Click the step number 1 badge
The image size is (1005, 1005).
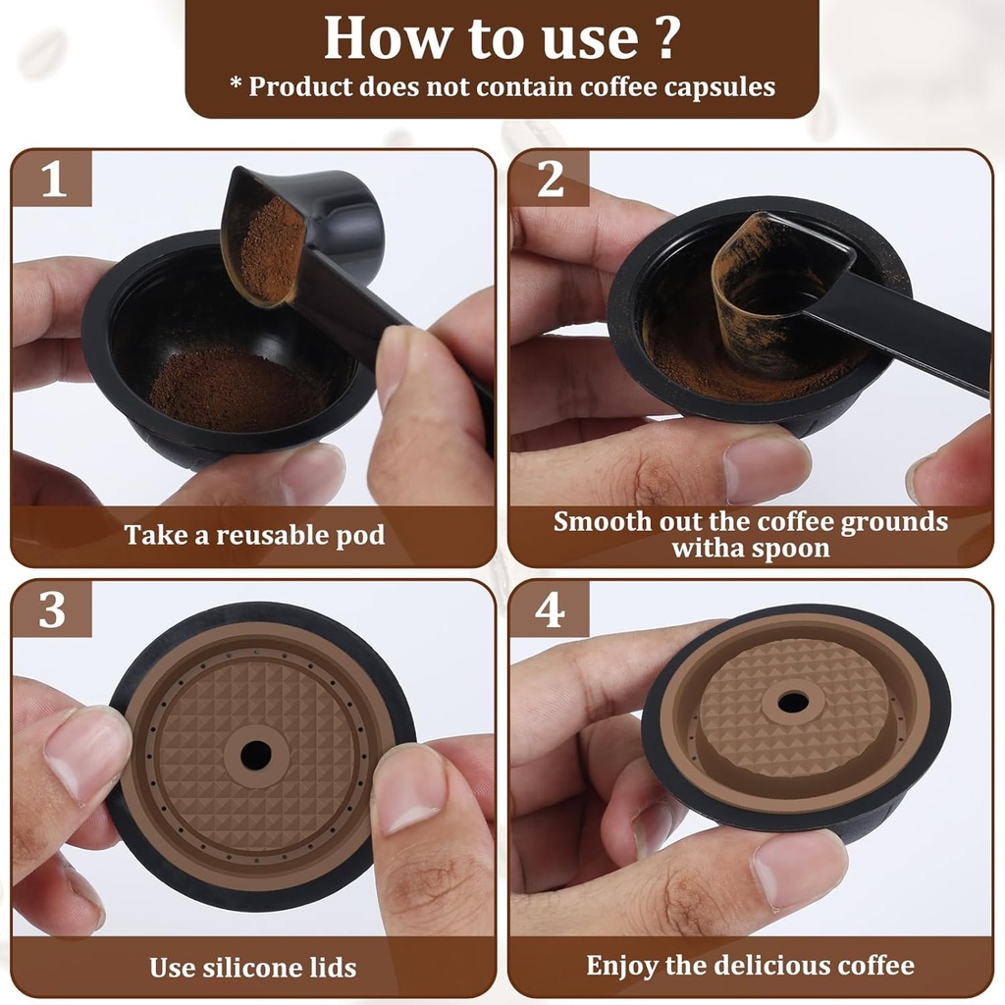coord(52,179)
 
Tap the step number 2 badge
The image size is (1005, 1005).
coord(550,179)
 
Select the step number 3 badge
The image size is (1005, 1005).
coord(52,609)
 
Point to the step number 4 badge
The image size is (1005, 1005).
coord(550,609)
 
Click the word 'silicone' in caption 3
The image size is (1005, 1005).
coord(252,967)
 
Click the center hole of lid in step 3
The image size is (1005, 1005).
coord(256,754)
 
